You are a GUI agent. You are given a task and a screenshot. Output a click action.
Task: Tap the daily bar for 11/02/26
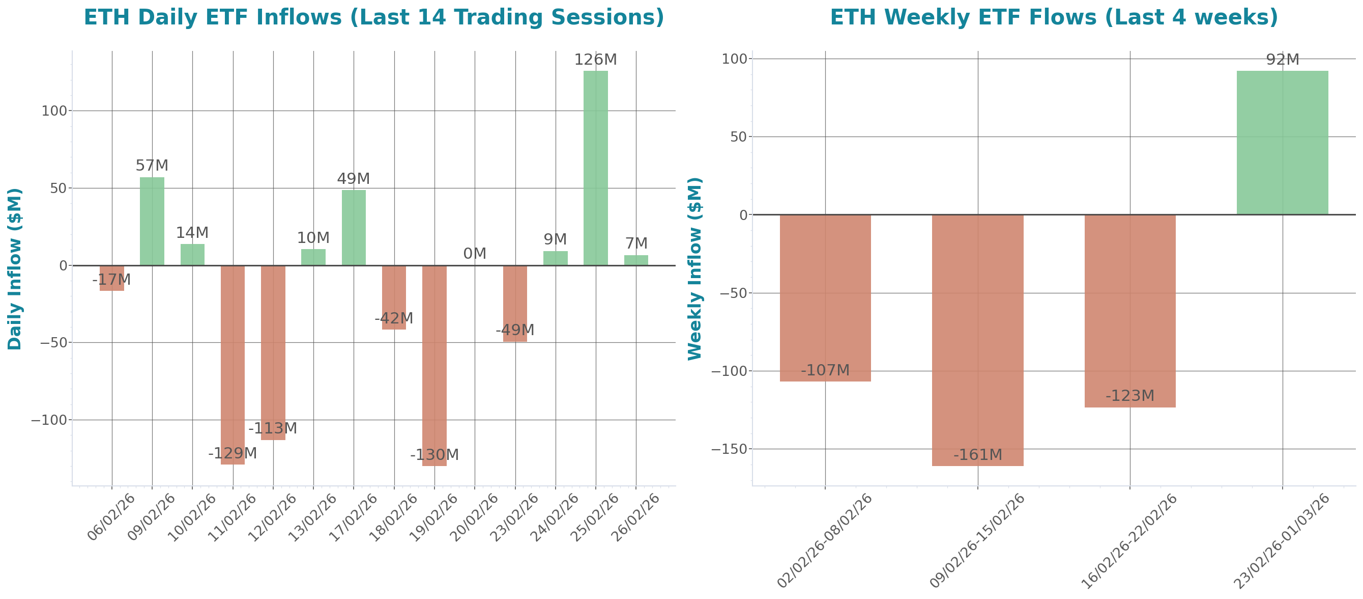pyautogui.click(x=233, y=365)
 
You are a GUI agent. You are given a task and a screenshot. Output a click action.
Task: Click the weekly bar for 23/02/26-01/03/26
pyautogui.click(x=1282, y=143)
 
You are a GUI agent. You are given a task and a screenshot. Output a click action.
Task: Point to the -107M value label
pyautogui.click(x=825, y=370)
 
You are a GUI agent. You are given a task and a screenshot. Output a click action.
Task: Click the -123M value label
pyautogui.click(x=1129, y=396)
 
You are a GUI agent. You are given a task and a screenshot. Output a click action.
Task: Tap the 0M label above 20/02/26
pyautogui.click(x=475, y=254)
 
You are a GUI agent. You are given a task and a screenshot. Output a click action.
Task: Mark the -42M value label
pyautogui.click(x=394, y=318)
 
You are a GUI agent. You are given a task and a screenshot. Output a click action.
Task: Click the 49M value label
pyautogui.click(x=354, y=178)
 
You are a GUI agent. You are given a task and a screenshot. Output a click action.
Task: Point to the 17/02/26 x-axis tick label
pyautogui.click(x=354, y=517)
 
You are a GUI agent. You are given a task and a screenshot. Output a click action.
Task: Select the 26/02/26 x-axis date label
pyautogui.click(x=635, y=517)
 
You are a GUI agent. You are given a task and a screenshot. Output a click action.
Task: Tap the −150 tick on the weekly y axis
pyautogui.click(x=729, y=449)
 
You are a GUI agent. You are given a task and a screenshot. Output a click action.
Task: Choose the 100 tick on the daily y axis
pyautogui.click(x=54, y=111)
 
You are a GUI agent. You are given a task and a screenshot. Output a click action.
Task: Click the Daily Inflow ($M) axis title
pyautogui.click(x=15, y=268)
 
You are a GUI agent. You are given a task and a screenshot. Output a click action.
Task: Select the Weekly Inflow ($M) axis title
pyautogui.click(x=694, y=268)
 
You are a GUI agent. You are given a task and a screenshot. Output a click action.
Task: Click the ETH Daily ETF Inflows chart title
pyautogui.click(x=373, y=17)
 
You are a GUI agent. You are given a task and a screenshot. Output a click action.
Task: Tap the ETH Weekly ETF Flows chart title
pyautogui.click(x=1054, y=17)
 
